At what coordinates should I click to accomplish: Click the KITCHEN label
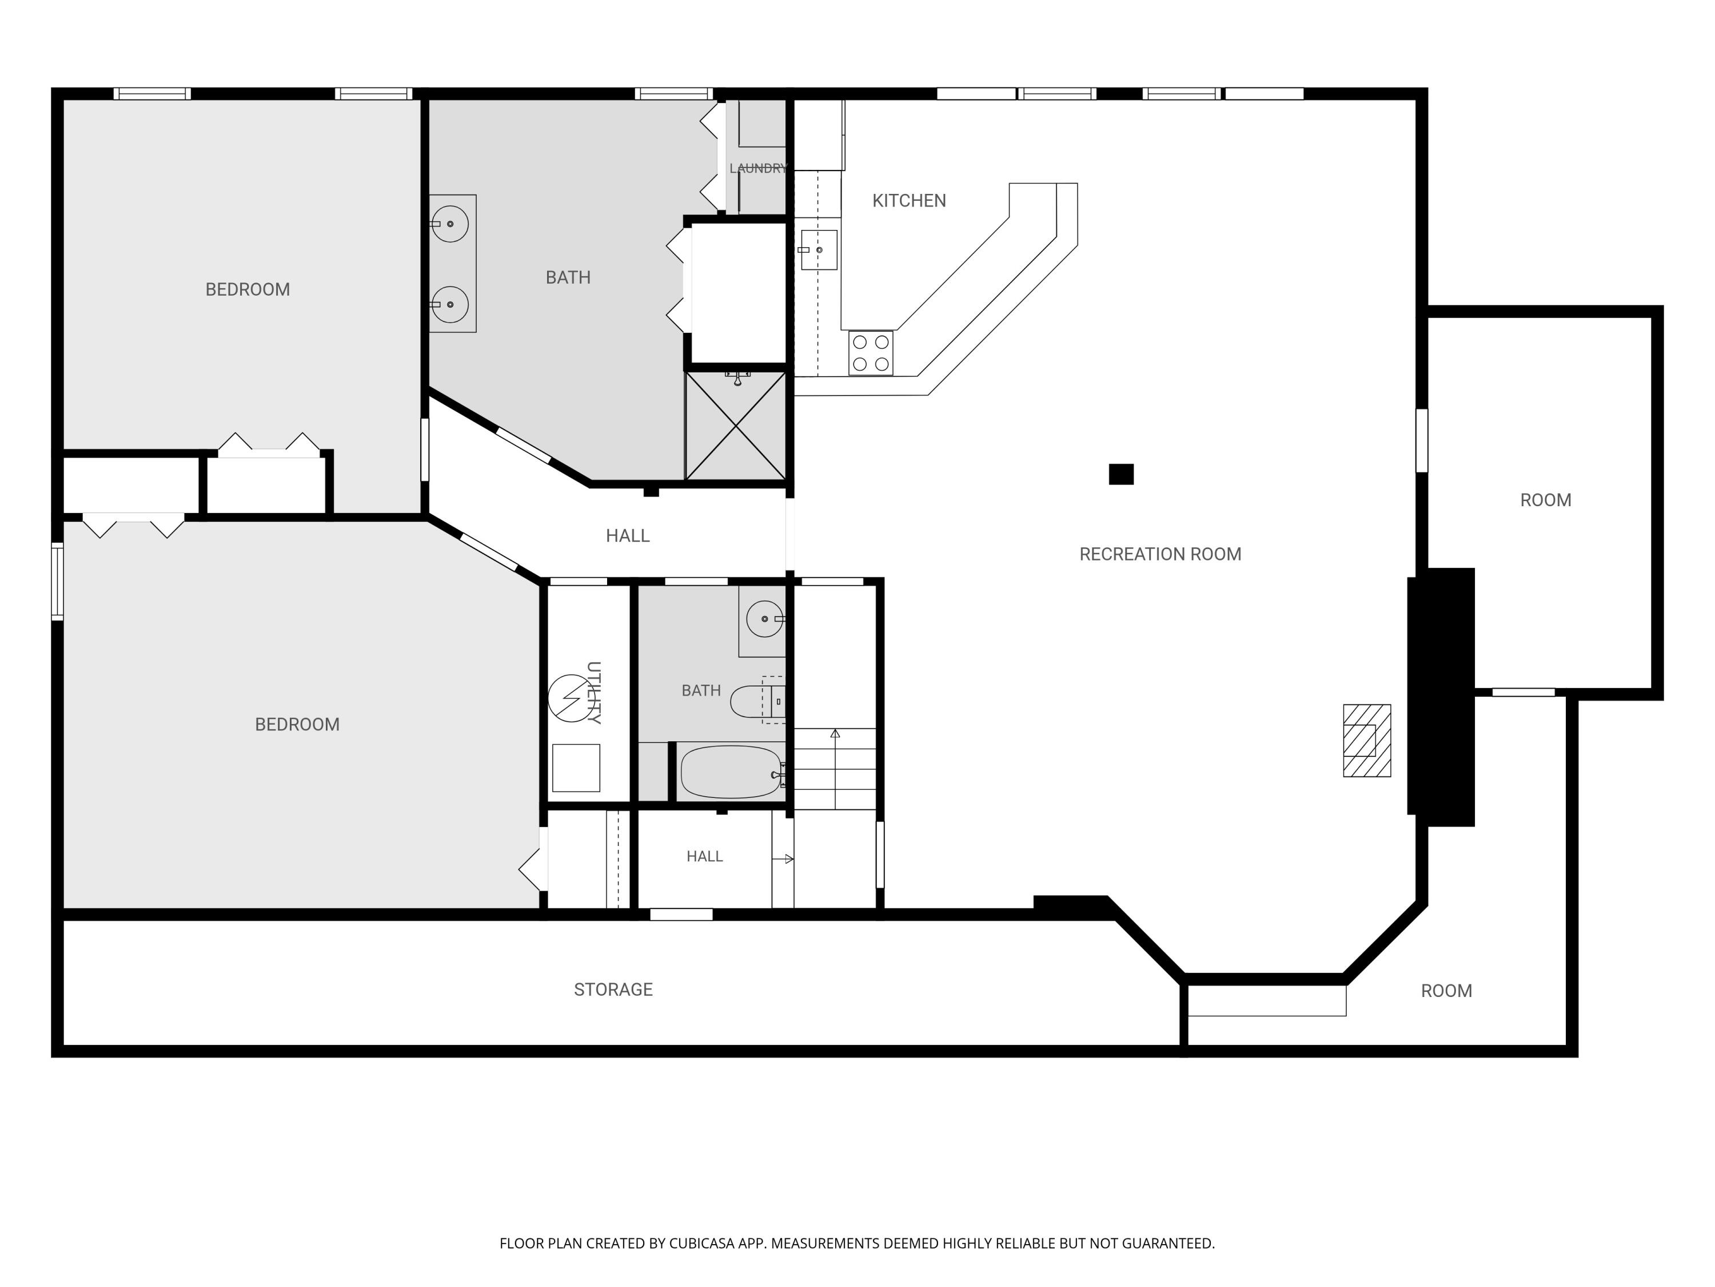click(909, 201)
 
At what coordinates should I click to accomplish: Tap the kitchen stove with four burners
click(871, 353)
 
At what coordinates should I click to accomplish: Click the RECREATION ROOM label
click(1160, 554)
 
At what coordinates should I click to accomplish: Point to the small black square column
click(1121, 474)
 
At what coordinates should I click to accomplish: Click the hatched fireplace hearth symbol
click(1367, 740)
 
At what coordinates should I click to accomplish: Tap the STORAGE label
click(613, 989)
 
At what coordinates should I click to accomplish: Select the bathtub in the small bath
click(732, 772)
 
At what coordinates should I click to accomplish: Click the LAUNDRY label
click(758, 168)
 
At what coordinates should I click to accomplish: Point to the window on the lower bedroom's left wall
click(57, 582)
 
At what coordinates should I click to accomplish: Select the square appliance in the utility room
click(576, 768)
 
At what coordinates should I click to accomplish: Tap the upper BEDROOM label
click(248, 289)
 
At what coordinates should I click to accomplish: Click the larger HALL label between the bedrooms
click(628, 535)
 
